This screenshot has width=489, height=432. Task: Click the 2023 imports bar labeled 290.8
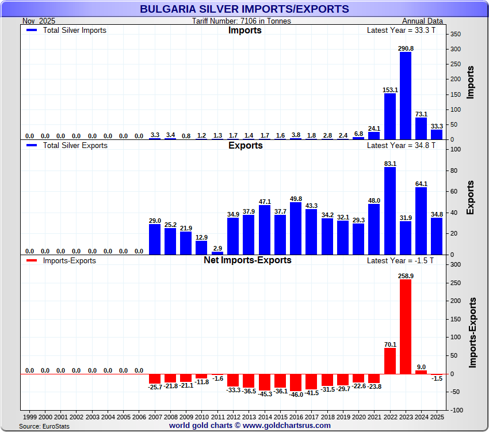pyautogui.click(x=406, y=96)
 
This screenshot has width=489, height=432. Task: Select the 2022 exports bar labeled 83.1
pyautogui.click(x=390, y=211)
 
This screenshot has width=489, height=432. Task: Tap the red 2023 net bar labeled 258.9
pyautogui.click(x=406, y=327)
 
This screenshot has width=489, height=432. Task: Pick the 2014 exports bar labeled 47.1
pyautogui.click(x=265, y=230)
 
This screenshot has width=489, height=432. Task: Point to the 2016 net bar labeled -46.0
pyautogui.click(x=296, y=382)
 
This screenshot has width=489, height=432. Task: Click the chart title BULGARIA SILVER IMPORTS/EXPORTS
pyautogui.click(x=244, y=9)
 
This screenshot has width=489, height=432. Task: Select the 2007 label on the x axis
pyautogui.click(x=155, y=416)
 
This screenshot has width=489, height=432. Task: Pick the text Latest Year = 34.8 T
pyautogui.click(x=401, y=146)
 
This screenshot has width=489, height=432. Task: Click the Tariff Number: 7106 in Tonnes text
pyautogui.click(x=242, y=21)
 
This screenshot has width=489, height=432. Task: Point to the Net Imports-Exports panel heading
pyautogui.click(x=247, y=260)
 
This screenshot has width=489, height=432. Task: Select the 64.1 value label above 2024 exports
pyautogui.click(x=421, y=184)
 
